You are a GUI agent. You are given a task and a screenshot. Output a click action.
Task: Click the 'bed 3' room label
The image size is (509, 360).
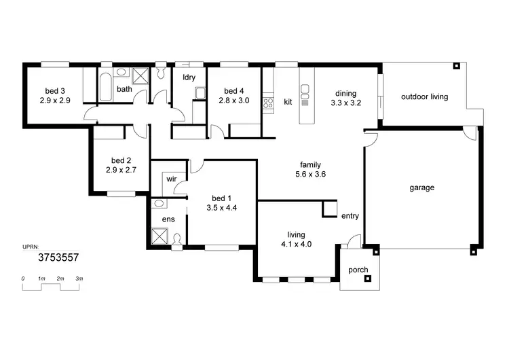(x=55, y=91)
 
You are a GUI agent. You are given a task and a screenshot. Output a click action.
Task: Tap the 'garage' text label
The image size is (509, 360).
(x=421, y=187)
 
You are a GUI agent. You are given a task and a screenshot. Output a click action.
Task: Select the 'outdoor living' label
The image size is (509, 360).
(x=424, y=96)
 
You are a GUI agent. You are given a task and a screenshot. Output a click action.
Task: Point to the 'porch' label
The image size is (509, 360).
(x=358, y=270)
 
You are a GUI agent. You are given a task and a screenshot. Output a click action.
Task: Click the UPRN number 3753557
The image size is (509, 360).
(x=58, y=257)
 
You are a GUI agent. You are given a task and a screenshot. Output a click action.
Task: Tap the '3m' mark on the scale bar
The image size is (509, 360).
(x=79, y=279)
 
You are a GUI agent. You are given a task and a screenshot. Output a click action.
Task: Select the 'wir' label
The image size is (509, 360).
(x=172, y=180)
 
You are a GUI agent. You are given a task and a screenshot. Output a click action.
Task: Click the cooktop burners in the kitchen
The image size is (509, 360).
(x=267, y=103)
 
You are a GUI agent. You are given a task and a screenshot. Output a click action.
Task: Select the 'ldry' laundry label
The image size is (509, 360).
(x=189, y=77)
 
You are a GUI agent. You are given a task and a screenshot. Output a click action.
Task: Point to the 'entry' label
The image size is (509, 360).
(x=350, y=216)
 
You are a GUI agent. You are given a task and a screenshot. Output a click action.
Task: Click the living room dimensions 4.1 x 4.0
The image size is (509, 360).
(x=296, y=245)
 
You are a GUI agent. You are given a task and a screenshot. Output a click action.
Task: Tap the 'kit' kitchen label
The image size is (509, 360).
(x=288, y=102)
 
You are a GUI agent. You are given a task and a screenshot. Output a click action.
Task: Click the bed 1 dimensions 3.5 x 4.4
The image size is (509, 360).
(x=221, y=209)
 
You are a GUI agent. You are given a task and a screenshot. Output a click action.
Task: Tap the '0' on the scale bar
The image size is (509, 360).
(x=23, y=279)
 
